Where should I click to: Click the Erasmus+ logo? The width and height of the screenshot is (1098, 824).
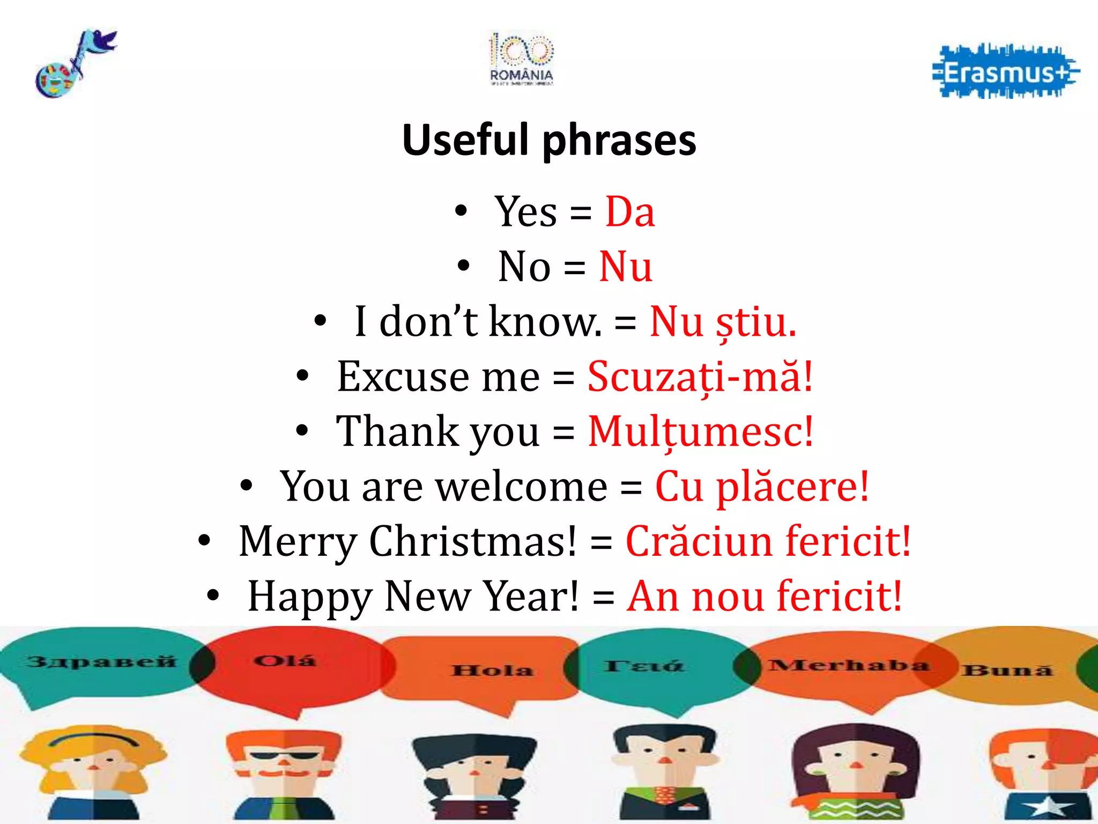(1006, 72)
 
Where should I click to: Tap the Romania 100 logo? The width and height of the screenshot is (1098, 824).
(521, 59)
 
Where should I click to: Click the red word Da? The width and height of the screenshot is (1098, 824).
(630, 212)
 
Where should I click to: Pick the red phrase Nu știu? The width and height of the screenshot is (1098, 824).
(723, 322)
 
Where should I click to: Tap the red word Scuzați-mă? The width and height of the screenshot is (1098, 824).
(700, 377)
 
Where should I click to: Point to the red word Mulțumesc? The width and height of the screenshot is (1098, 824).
(700, 431)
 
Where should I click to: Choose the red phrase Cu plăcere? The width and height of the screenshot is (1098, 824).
(761, 487)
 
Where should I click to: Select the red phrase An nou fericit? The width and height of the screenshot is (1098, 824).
(765, 596)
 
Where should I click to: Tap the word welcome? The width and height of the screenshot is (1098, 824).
(521, 487)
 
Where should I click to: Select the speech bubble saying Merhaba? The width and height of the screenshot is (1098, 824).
(847, 665)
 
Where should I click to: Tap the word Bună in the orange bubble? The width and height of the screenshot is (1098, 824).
(1007, 670)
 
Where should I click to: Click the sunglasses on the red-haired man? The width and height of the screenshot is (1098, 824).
(284, 757)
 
